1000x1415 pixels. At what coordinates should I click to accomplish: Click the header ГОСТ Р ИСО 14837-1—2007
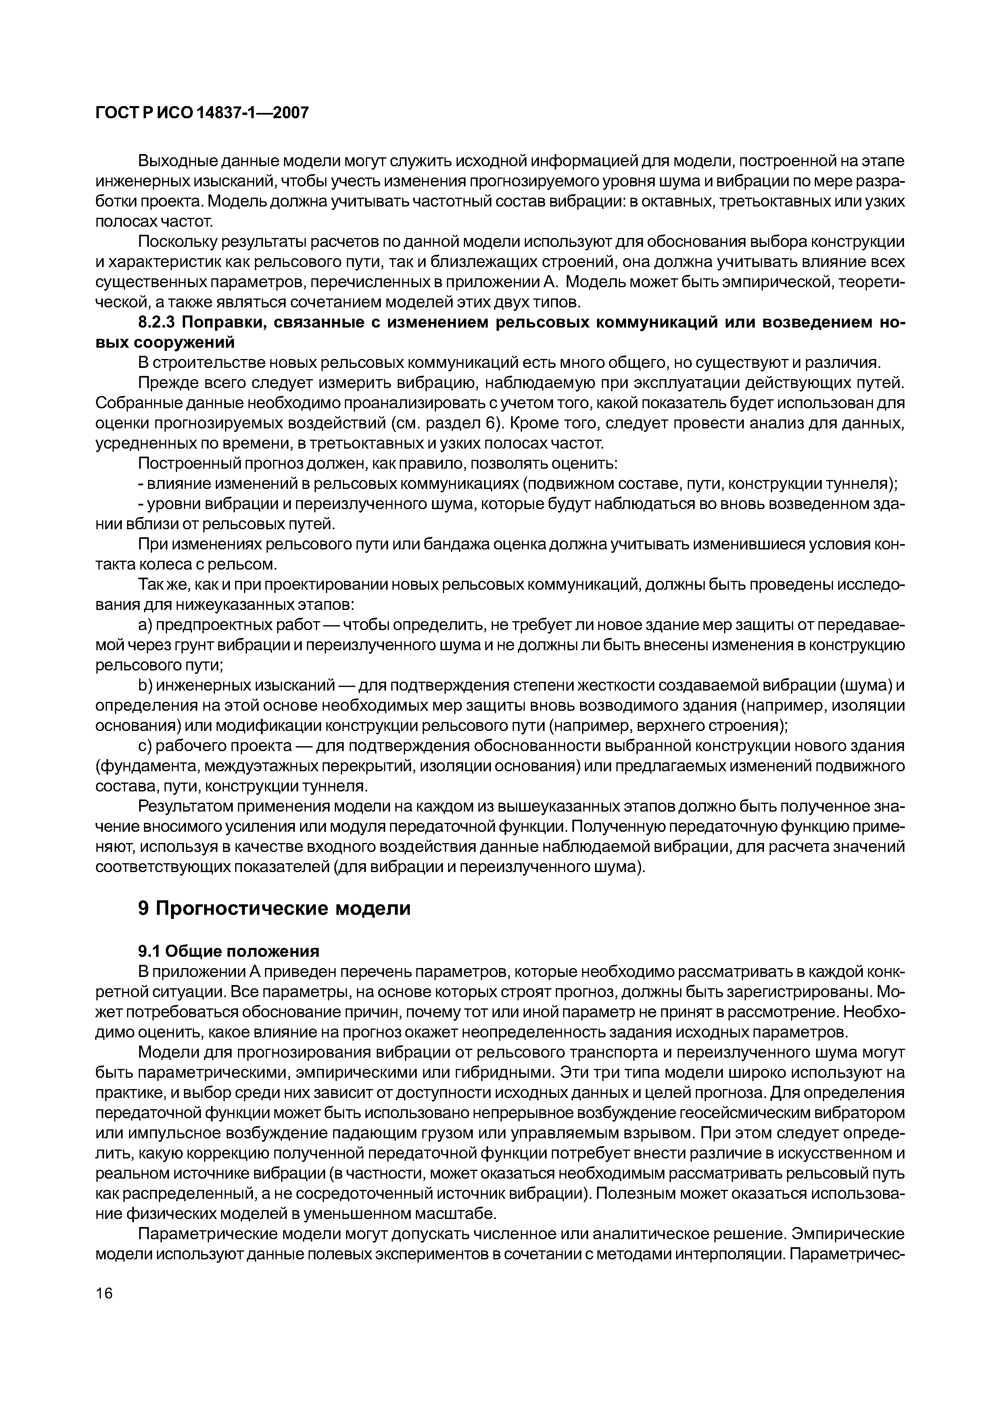tap(201, 113)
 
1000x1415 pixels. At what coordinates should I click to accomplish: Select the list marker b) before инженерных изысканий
tap(145, 686)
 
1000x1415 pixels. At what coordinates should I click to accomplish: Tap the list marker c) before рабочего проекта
tap(145, 746)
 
